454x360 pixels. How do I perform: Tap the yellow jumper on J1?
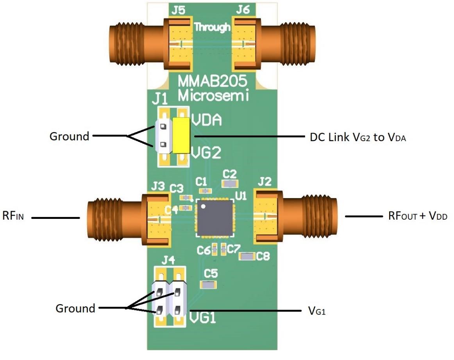181,135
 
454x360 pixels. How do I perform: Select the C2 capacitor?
230,183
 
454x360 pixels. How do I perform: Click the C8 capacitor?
247,256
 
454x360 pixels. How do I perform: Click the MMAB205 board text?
212,82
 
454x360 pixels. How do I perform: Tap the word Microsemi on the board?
213,95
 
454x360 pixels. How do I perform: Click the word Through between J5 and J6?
213,27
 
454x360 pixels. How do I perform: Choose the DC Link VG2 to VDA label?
358,137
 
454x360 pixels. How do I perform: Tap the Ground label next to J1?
69,136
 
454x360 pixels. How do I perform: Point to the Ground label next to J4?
75,308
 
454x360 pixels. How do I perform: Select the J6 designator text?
243,10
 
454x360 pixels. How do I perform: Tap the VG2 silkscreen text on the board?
206,151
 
